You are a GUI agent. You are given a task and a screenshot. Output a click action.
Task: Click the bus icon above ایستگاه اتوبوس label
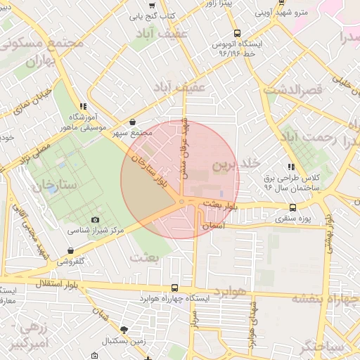(237, 32)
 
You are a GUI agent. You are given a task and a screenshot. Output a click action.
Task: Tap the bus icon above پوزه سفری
(293, 207)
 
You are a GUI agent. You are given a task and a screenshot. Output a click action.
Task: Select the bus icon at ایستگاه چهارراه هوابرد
(174, 288)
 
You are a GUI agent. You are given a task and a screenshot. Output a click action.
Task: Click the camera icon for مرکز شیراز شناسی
(96, 219)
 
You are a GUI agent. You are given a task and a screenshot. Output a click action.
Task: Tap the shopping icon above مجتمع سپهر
(133, 122)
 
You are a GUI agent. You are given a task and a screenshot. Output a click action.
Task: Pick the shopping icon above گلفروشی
(70, 250)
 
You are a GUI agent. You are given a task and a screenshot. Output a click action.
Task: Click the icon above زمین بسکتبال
(124, 330)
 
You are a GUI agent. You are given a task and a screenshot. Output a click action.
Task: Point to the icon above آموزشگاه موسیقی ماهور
(84, 106)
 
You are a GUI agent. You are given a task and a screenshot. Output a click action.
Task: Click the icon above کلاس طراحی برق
(290, 167)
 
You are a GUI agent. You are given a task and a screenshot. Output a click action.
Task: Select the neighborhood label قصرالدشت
(292, 90)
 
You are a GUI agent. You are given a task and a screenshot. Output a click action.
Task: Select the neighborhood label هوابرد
(232, 291)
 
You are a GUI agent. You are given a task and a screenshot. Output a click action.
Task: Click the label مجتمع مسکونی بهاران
(44, 52)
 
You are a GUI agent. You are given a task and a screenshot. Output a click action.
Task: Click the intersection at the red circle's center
(181, 202)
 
